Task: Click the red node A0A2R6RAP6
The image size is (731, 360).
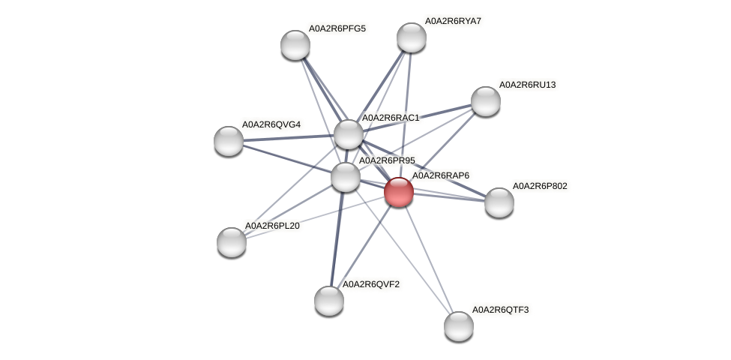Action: click(x=398, y=192)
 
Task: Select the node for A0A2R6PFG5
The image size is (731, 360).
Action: click(x=295, y=45)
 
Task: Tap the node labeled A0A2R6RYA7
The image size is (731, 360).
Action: click(x=412, y=37)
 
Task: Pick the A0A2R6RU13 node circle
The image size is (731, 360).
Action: click(x=486, y=101)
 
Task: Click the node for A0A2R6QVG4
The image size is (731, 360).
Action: click(x=229, y=140)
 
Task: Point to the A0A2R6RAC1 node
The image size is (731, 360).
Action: click(x=348, y=134)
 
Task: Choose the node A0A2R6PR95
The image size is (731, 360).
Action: click(x=345, y=177)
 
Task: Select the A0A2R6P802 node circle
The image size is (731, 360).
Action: click(x=499, y=202)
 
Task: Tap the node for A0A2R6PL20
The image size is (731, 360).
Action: click(x=232, y=241)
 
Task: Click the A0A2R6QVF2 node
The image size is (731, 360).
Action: click(x=328, y=300)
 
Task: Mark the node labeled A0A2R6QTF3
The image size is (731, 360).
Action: click(x=459, y=325)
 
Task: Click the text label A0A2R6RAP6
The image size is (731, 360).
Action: click(x=440, y=175)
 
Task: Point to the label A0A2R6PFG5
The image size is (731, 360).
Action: click(x=337, y=28)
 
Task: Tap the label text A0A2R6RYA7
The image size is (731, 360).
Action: click(x=453, y=21)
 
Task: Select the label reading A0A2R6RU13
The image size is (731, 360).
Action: click(x=527, y=85)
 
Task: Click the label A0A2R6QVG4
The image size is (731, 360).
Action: click(x=271, y=124)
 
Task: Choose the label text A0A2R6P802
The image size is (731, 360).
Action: click(x=540, y=185)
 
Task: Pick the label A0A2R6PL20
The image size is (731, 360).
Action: click(x=272, y=225)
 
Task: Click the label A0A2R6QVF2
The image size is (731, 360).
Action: click(x=370, y=284)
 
